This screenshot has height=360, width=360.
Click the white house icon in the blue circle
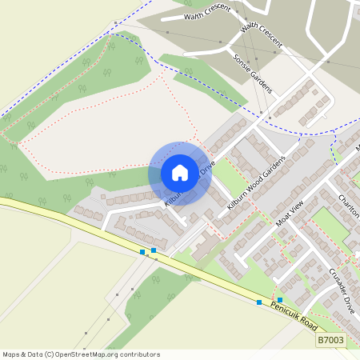(x=180, y=173)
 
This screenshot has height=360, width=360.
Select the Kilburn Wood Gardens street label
(x=256, y=182)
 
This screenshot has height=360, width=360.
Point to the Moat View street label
(x=290, y=214)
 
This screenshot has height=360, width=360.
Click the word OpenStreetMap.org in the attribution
(x=87, y=354)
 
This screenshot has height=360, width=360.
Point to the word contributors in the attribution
(x=140, y=354)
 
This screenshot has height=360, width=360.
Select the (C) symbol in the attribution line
(x=50, y=354)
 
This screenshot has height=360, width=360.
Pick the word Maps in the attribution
(x=12, y=354)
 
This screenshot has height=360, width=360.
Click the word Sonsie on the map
(x=241, y=63)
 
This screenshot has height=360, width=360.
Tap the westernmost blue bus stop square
(x=142, y=252)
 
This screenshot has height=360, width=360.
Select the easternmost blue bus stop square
(x=280, y=299)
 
